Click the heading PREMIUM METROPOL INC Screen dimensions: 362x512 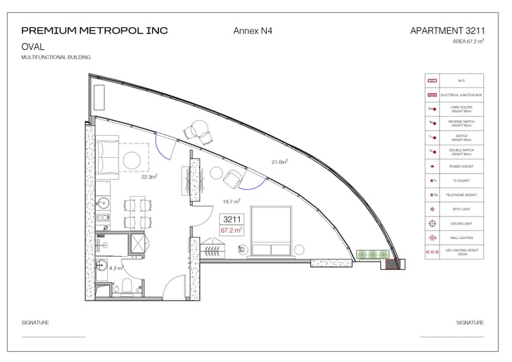point(94,31)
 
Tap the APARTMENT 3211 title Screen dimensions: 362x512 point(447,31)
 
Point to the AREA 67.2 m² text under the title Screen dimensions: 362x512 point(468,42)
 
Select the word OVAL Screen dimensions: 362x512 point(33,47)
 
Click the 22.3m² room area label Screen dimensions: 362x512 point(150,176)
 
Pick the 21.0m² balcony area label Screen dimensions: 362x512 point(279,162)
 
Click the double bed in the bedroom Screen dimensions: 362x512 point(272,232)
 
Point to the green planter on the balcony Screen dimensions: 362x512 point(372,255)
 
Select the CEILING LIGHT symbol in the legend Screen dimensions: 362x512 point(431,223)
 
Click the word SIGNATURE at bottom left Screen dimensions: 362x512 point(35,322)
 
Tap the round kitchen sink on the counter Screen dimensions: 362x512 point(103,203)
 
